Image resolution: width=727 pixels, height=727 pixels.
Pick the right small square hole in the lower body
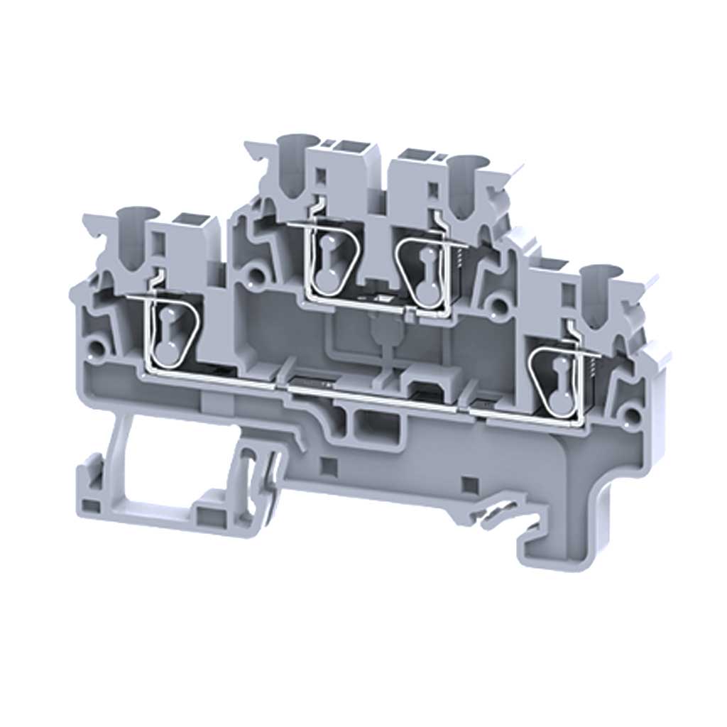pos(468,485)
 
